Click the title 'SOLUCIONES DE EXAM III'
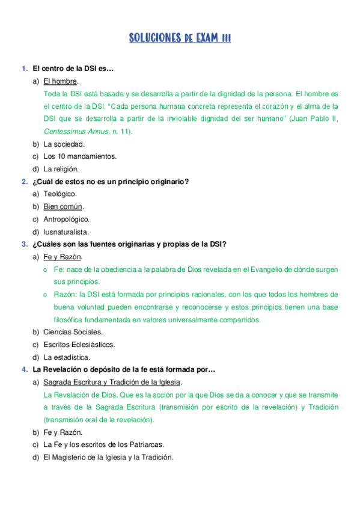point(180,38)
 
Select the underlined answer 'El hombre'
point(61,81)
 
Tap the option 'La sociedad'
point(64,144)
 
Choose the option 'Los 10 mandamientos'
point(80,156)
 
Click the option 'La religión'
point(61,169)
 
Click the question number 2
point(24,182)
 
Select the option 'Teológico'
point(60,194)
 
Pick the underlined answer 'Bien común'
point(63,207)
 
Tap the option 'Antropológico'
point(67,219)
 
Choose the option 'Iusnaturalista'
point(66,232)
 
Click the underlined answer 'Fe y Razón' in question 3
point(63,257)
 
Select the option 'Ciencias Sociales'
point(73,332)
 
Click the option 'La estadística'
point(66,357)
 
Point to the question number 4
point(24,369)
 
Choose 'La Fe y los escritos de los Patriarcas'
point(103,444)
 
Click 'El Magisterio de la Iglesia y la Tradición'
point(108,457)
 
